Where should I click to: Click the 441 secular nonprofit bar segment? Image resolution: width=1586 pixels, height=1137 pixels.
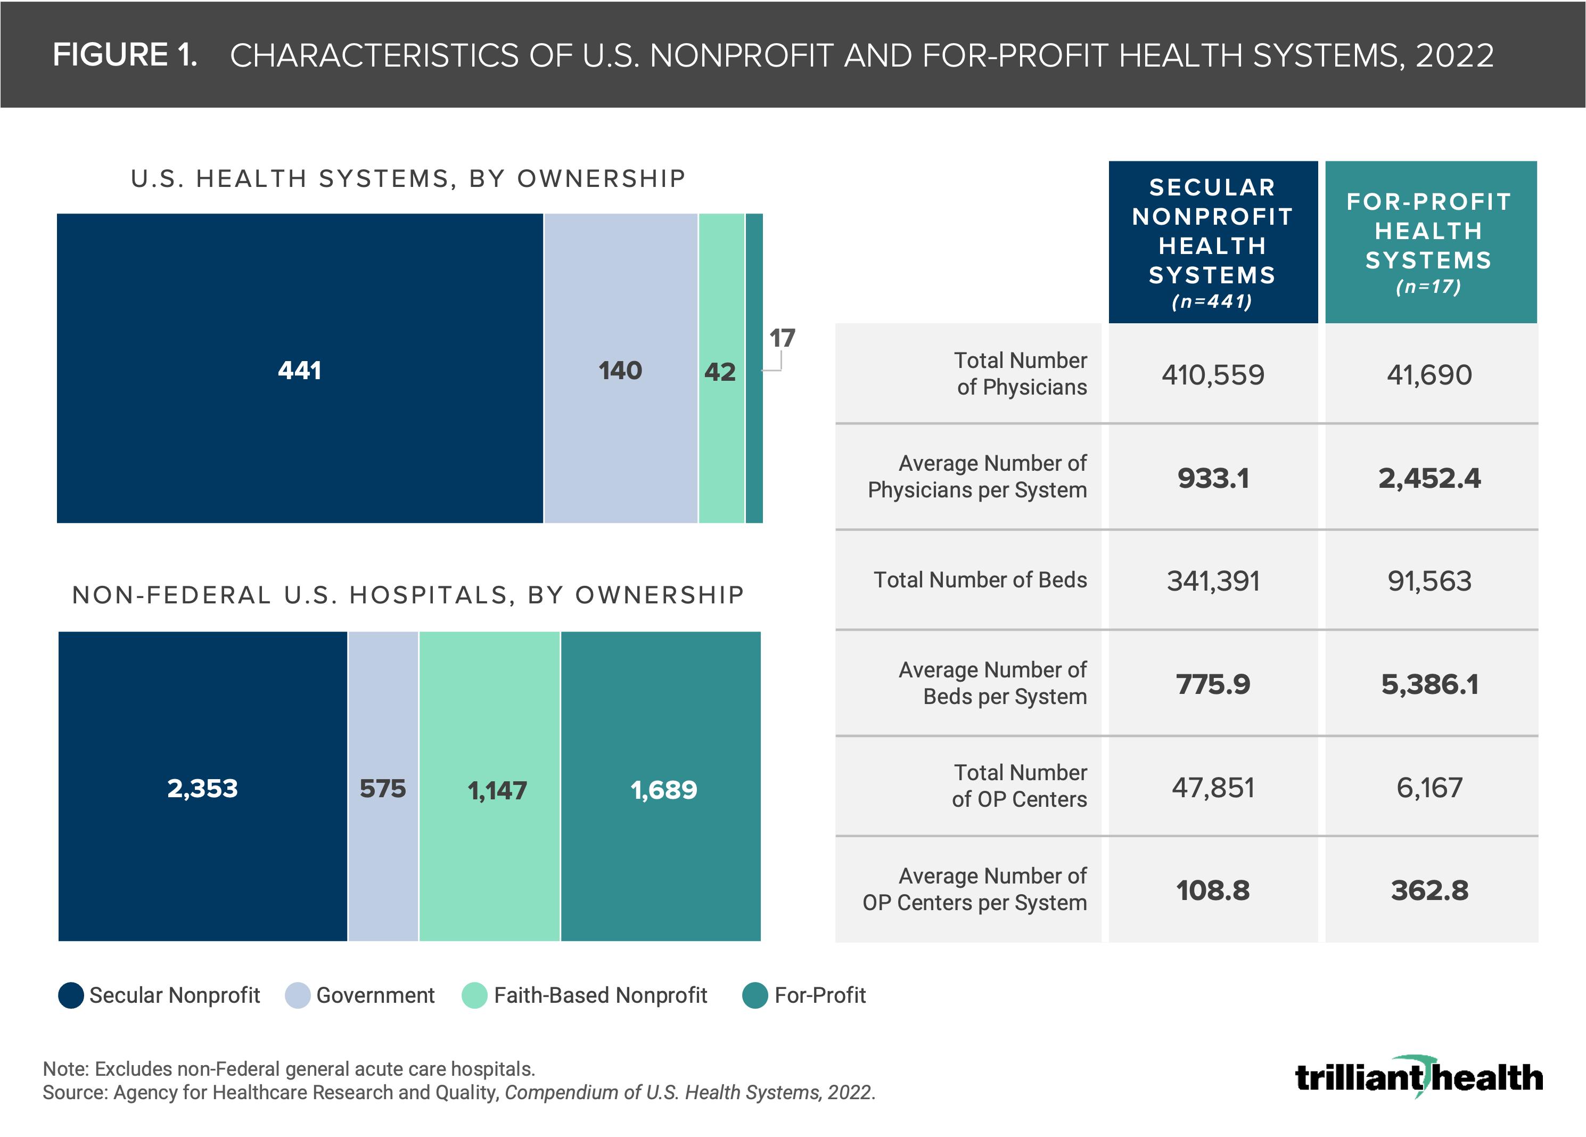coord(299,369)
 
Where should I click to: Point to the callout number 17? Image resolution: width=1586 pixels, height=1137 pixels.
coord(782,339)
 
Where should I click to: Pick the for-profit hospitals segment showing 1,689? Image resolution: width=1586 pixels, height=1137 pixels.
coord(662,789)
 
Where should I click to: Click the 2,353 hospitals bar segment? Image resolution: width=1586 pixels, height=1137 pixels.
coord(202,788)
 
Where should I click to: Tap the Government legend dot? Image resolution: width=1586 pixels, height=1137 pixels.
coord(297,995)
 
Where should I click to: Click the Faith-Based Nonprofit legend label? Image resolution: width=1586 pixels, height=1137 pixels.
coord(600,995)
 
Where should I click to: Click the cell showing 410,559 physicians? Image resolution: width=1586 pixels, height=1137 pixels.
coord(1213,375)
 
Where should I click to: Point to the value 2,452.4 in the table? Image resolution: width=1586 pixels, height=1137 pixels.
coord(1429,478)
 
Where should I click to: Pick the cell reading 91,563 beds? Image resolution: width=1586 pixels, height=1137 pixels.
coord(1429,580)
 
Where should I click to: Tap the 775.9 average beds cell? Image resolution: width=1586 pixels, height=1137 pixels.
coord(1213,684)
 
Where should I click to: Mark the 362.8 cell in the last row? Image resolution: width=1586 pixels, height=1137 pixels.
coord(1429,890)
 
